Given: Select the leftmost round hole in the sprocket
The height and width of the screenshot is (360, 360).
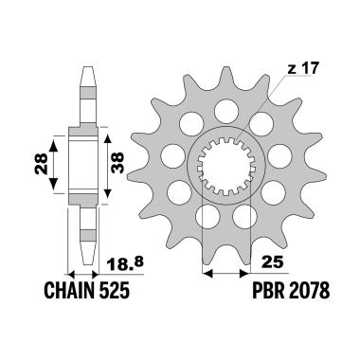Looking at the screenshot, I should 173,155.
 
